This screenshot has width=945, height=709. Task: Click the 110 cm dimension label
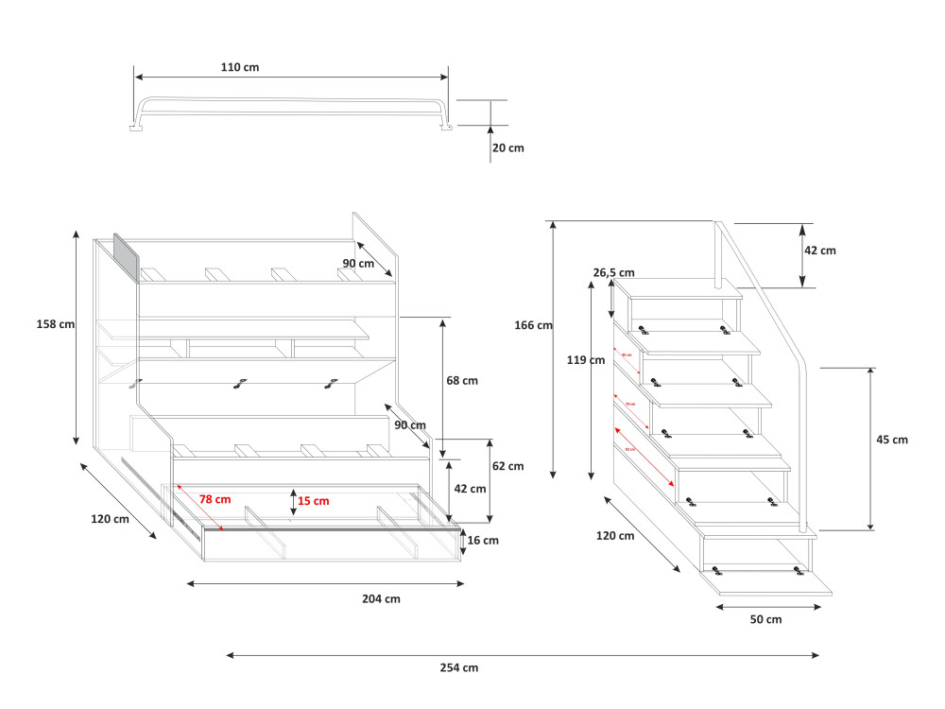click(240, 67)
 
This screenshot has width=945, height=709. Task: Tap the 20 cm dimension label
click(508, 147)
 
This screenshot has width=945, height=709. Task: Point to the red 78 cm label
click(215, 498)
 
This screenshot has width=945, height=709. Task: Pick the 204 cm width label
click(381, 598)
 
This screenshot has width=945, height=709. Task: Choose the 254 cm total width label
click(459, 667)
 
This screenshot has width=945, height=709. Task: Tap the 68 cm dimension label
click(461, 380)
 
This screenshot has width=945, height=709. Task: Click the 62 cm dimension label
click(507, 466)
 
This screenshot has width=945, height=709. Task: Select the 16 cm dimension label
click(483, 540)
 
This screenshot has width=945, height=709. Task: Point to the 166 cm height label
click(533, 325)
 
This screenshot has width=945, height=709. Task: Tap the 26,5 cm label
click(613, 272)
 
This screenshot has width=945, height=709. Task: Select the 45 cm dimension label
click(892, 440)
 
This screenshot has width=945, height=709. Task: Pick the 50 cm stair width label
click(766, 619)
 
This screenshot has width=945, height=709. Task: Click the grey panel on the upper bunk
click(126, 258)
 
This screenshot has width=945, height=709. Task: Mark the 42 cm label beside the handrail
click(820, 251)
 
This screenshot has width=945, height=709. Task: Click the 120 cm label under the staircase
click(615, 536)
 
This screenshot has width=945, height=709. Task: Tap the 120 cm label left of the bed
click(110, 519)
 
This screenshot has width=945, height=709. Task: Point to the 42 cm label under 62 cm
click(470, 489)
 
